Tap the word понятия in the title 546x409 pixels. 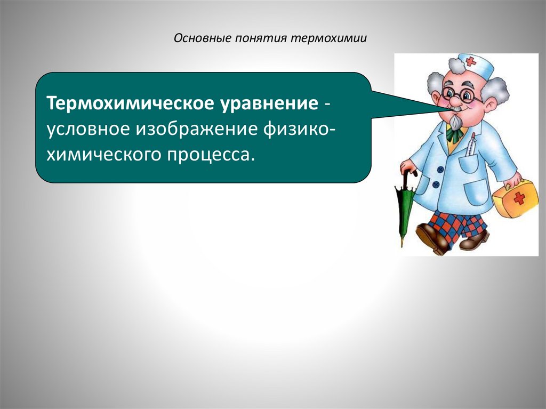[x=258, y=39]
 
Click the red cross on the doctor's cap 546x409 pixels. [x=470, y=62]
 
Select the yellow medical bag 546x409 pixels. [x=515, y=198]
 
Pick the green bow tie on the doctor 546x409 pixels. [x=454, y=134]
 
